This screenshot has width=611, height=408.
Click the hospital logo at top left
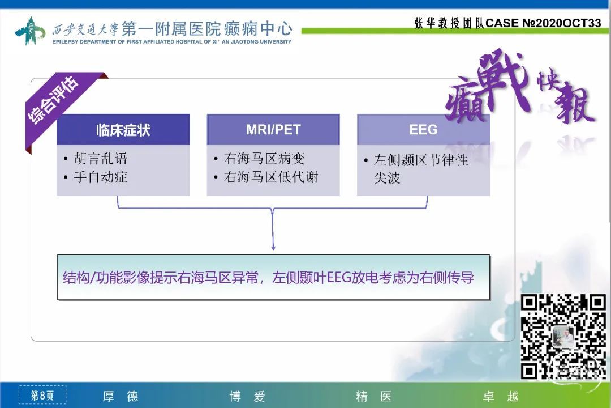point(29,31)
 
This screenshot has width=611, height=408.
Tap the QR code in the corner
point(563,337)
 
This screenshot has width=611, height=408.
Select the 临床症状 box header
point(123,130)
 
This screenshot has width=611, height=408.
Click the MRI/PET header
point(273,130)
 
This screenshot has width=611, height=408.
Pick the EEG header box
point(424,130)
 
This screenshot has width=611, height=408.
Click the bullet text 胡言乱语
point(101,159)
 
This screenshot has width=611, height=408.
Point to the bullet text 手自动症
point(101,177)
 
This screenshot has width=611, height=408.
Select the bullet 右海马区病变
point(264,159)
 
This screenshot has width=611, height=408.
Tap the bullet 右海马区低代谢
point(271,177)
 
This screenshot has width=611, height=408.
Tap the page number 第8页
point(42,396)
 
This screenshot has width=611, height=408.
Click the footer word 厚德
point(121,396)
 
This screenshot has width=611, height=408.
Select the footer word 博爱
point(247,396)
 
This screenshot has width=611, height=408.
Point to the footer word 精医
point(374,396)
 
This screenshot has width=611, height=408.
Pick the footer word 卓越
point(501,396)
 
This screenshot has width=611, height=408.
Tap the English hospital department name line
point(172,41)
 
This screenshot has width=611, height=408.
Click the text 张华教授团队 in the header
point(449,23)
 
